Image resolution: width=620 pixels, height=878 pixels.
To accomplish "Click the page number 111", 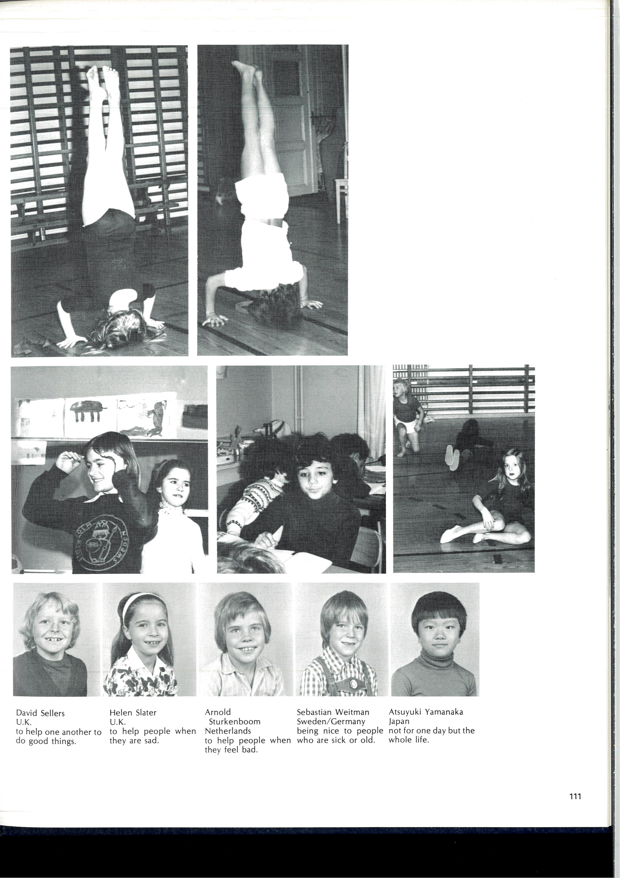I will click(x=575, y=796).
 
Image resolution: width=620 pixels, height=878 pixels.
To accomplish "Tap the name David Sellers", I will click(x=40, y=713).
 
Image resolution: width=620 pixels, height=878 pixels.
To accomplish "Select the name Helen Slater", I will click(x=133, y=712).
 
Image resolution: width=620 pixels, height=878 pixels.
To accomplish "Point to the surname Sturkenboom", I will click(x=234, y=722).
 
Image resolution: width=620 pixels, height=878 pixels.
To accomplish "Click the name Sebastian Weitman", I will click(x=333, y=712).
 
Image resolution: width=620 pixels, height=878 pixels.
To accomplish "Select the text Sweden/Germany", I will click(x=331, y=721).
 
